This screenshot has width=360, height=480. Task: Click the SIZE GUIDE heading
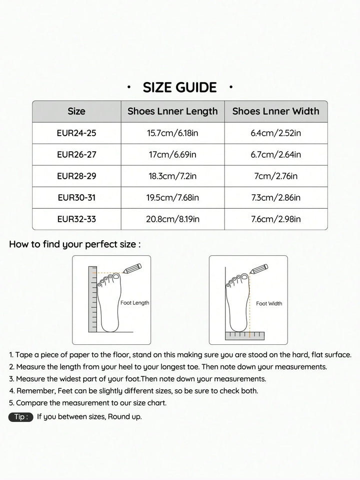180,88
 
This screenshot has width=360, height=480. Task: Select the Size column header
76,111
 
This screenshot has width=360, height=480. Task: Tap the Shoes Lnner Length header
172,111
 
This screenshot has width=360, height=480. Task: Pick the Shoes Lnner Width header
275,111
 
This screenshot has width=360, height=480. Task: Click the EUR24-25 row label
76,133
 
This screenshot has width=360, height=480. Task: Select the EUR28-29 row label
76,176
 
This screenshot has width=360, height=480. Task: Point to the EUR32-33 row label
76,219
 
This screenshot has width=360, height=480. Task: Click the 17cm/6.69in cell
172,155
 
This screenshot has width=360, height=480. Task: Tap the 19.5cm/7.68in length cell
172,198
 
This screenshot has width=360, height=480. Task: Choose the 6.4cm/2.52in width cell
275,133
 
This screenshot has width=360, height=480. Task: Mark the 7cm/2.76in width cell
275,176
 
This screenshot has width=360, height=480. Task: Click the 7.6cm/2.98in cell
275,219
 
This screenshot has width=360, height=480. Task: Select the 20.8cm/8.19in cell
172,219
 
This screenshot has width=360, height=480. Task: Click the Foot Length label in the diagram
134,303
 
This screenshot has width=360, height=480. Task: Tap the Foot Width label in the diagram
269,303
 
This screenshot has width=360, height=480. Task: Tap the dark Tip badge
21,417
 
